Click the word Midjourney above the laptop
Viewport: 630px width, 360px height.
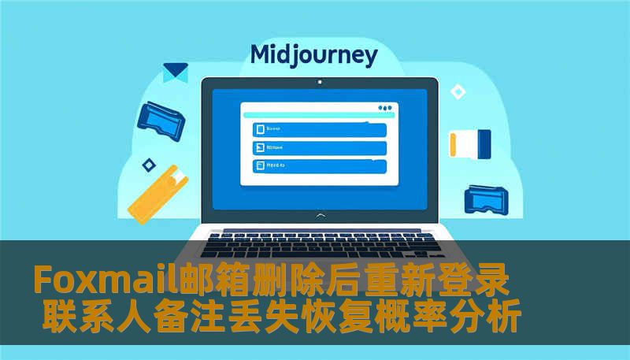pos(313,55)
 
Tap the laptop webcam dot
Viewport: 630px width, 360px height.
pos(319,82)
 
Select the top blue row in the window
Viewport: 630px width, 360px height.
pos(319,129)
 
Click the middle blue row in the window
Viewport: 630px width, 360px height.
pos(319,147)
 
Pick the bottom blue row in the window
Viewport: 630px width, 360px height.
pos(319,166)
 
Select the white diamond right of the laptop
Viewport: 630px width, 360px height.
pos(458,92)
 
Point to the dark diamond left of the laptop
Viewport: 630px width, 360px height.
pos(148,165)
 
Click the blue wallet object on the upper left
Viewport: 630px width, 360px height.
pos(161,117)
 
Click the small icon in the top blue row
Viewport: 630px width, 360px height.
pos(258,129)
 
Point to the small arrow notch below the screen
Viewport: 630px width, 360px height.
pos(319,214)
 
